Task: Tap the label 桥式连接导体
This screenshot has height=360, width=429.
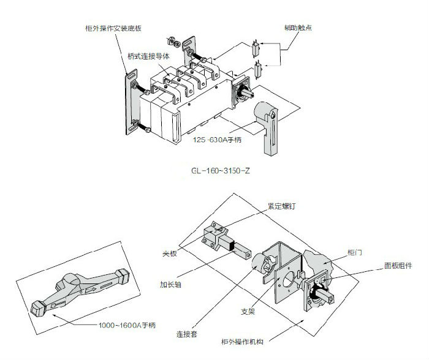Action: [149, 56]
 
